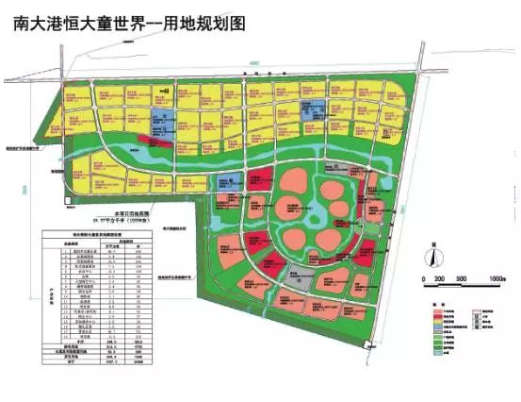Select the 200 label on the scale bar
click(x=440, y=279)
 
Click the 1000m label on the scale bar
click(x=497, y=279)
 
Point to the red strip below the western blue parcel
click(x=156, y=142)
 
